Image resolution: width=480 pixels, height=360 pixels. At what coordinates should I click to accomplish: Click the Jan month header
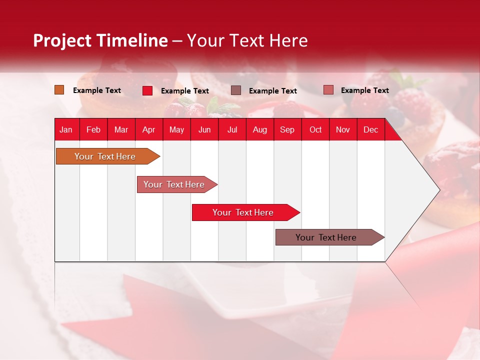point(66,130)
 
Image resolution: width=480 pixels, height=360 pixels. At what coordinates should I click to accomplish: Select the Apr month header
point(148,130)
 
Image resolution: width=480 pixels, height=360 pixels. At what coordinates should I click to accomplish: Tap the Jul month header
point(232,130)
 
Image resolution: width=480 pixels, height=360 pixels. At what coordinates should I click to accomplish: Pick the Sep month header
point(287,130)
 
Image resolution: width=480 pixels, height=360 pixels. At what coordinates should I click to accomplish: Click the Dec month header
point(370,130)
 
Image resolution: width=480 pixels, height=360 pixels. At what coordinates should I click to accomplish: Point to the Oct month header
point(315,130)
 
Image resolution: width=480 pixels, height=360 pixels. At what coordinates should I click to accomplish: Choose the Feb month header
point(93,130)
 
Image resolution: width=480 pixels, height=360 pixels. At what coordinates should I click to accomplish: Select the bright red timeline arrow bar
point(244,212)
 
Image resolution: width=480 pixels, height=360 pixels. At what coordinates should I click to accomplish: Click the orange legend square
point(59,90)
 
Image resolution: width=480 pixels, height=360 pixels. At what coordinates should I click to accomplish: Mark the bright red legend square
point(147,90)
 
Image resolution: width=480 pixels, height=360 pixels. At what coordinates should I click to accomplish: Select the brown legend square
point(236,90)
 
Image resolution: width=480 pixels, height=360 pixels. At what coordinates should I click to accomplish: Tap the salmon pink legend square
point(328,90)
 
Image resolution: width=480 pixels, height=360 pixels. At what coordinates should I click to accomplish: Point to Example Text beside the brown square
point(272,91)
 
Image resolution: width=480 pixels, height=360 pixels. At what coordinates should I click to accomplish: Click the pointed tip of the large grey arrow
point(438,190)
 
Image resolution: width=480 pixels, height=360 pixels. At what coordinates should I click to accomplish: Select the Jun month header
point(204,130)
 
